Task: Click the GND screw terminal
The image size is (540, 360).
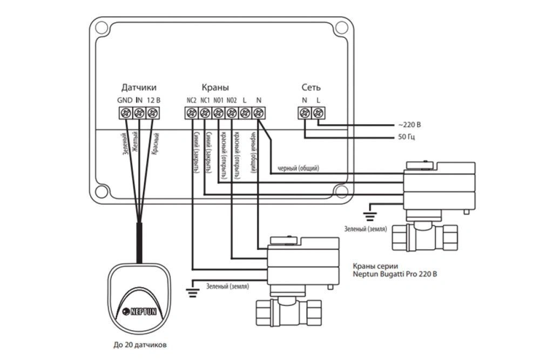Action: tap(125, 113)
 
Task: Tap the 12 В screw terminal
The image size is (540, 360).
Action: tap(153, 113)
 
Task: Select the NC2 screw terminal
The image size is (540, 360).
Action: tap(192, 113)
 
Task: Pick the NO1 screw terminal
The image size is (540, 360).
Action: tap(218, 113)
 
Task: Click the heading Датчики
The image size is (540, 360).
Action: tap(139, 87)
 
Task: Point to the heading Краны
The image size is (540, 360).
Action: tap(215, 87)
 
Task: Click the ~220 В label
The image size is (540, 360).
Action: tap(410, 125)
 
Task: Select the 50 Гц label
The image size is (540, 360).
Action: tap(409, 138)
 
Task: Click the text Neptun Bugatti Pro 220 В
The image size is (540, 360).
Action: tap(395, 274)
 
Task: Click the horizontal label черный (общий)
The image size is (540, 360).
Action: tap(298, 168)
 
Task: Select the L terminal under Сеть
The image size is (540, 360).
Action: tap(318, 113)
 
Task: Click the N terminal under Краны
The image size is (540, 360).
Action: tap(258, 113)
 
